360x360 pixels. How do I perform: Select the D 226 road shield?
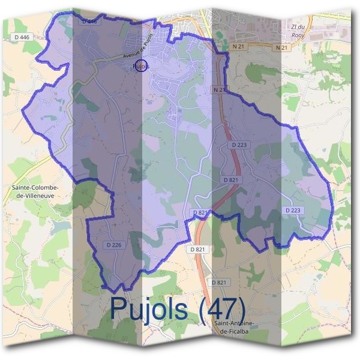tap(114, 244)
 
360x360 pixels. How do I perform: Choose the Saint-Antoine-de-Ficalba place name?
tap(234, 327)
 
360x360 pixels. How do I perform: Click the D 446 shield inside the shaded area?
tap(88, 21)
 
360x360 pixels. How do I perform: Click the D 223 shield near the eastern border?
tap(293, 210)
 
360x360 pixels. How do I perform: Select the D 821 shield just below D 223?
tap(231, 179)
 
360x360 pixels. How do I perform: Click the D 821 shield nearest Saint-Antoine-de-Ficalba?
tap(220, 282)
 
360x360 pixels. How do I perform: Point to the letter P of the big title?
tap(119, 309)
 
